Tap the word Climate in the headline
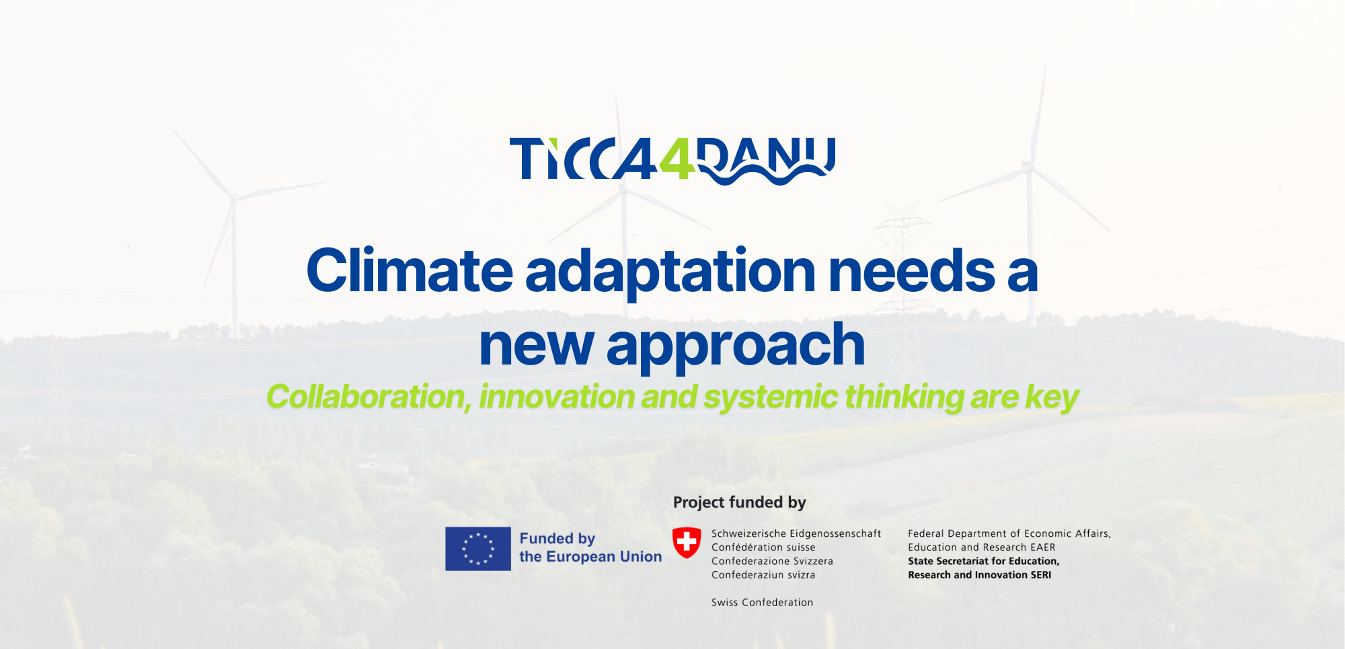coord(410,270)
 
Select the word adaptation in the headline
coord(670,272)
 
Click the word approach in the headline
coord(736,346)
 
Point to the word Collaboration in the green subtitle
coord(369,397)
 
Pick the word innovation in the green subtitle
coord(556,397)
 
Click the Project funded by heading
coord(739,502)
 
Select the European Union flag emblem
coord(478,549)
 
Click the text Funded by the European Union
coord(590,547)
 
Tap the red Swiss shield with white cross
coord(687,542)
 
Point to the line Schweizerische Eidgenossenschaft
coord(796,533)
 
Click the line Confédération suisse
coord(763,547)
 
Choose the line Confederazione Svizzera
coord(772,561)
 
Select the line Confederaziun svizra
coord(763,575)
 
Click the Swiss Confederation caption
coord(762,603)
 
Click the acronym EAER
coord(1043,547)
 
